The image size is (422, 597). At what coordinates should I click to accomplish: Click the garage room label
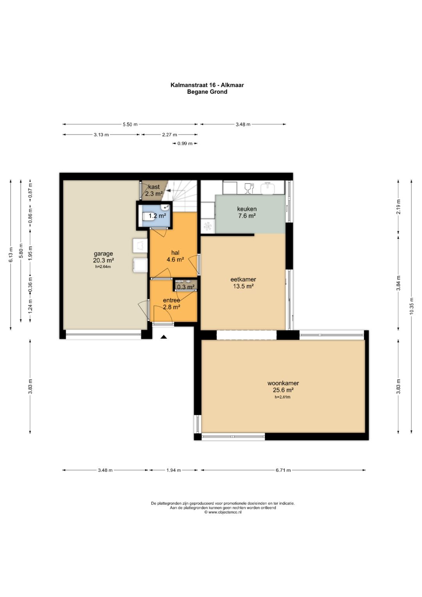pos(104,257)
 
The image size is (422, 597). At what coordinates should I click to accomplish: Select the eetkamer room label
pos(243,283)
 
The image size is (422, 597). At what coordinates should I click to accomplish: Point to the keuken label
pos(247,212)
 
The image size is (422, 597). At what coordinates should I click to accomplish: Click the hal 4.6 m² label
pos(175,256)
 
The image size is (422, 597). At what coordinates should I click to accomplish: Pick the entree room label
pos(172,303)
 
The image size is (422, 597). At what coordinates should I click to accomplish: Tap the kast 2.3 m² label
pos(154,190)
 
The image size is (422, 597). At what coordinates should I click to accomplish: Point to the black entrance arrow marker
pos(164,337)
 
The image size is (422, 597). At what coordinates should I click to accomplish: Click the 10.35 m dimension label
pos(411,306)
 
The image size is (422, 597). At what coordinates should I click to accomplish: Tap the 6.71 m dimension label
pos(283,470)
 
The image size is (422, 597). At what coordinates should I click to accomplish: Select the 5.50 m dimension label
pos(130,124)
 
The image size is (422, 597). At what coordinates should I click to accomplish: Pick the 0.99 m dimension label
pos(185,143)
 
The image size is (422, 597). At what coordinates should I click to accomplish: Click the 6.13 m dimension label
pos(11,255)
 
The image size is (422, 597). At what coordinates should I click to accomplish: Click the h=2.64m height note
pos(103,267)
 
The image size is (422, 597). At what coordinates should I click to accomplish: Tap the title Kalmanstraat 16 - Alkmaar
pos(207,85)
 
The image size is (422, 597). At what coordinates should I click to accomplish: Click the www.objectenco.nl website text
pos(223,512)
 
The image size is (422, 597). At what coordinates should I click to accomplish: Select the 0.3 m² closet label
pos(186,287)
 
